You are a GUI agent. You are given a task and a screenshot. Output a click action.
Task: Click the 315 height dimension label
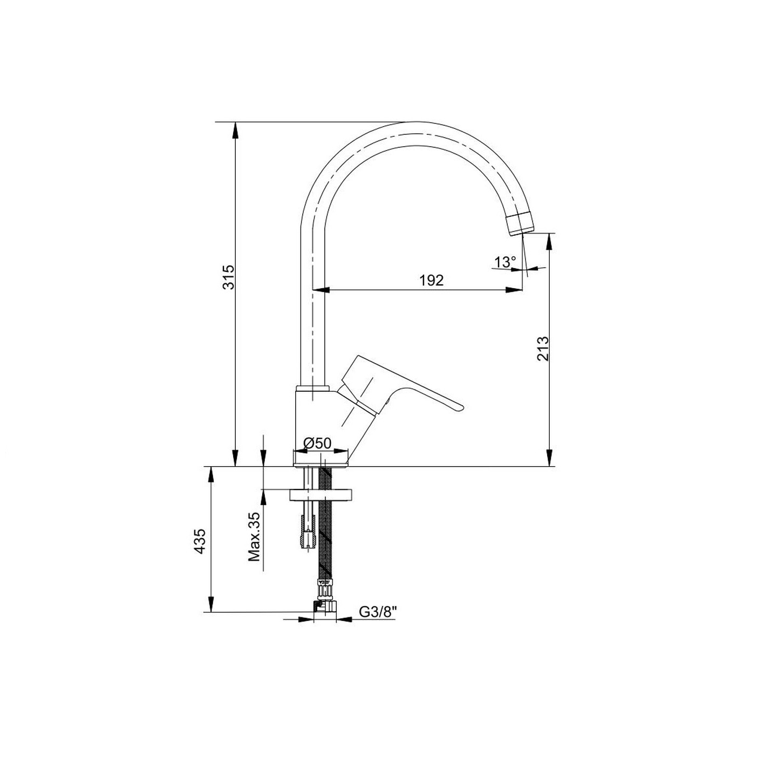(x=228, y=277)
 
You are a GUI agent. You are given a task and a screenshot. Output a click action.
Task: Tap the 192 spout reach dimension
(x=431, y=280)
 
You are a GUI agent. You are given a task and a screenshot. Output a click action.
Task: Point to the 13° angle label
(x=505, y=262)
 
